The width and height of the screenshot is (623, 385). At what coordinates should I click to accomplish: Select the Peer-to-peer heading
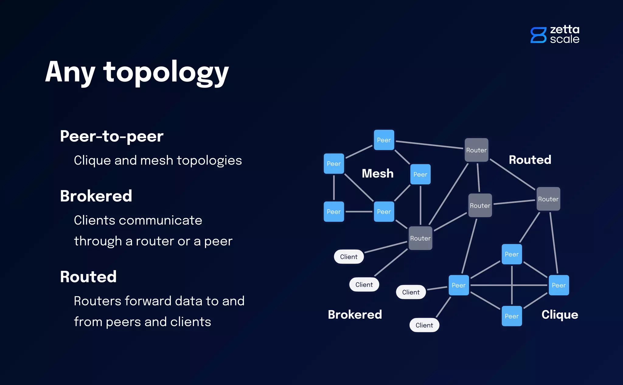point(112,136)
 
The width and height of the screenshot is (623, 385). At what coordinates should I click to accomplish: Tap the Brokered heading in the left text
point(96,196)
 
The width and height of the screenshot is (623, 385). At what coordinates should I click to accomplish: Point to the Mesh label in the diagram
point(378,173)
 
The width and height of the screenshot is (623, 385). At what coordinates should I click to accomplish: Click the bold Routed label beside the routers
point(530,160)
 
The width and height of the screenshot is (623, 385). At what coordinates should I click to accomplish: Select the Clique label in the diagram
point(560,314)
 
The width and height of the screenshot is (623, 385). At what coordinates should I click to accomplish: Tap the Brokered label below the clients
point(355,314)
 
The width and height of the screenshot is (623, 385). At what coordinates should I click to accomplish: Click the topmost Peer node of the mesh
point(384,140)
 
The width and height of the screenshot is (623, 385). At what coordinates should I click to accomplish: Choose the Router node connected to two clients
point(420,238)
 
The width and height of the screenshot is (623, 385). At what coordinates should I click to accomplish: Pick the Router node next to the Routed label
point(476,150)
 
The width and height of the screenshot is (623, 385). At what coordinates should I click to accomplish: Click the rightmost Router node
point(548,199)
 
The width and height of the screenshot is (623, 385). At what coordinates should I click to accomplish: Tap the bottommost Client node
point(424,325)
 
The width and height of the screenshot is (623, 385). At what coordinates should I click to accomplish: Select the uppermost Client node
point(349,257)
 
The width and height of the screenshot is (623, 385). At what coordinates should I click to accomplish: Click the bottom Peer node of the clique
point(512,316)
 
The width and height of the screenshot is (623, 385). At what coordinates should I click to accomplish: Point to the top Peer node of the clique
point(512,254)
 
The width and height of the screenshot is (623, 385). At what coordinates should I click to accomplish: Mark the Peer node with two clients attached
point(458,285)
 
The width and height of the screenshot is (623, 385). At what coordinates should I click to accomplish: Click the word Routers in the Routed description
point(97,301)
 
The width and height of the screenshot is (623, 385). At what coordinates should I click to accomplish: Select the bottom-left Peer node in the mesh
point(334,212)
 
